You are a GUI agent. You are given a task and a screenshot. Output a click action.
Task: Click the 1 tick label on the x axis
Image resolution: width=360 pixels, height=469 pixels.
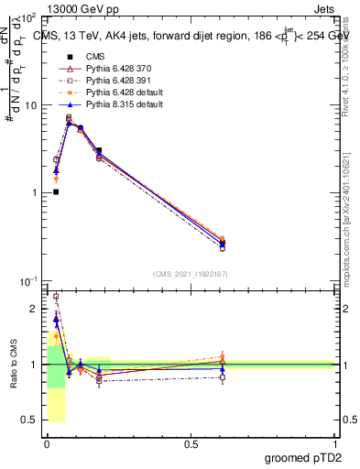click(335, 443)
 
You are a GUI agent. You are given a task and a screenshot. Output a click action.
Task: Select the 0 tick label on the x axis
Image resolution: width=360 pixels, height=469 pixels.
click(47, 443)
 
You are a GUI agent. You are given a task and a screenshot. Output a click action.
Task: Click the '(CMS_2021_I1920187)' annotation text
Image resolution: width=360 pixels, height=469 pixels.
click(190, 274)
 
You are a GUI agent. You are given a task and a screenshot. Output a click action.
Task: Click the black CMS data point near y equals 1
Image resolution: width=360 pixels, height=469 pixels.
click(56, 191)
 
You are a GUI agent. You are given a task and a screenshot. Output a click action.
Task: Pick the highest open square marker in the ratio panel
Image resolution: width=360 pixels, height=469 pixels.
click(56, 297)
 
